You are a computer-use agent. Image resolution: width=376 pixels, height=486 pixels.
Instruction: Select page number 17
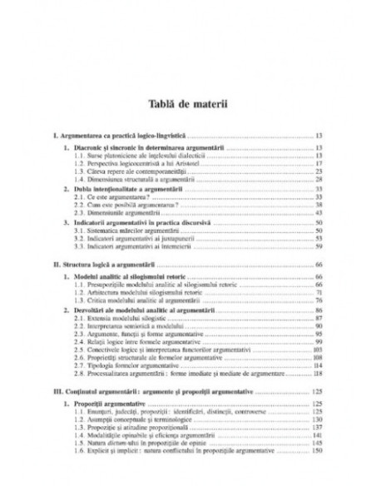pyautogui.click(x=319, y=162)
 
